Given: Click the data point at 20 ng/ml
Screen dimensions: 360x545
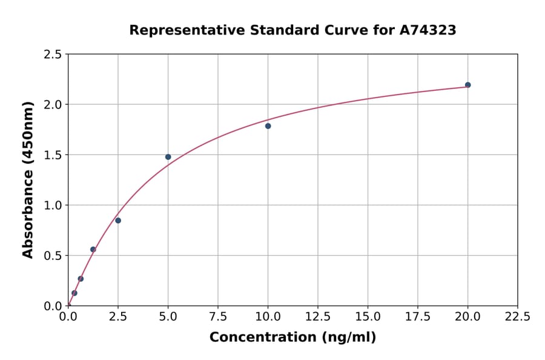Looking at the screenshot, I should coord(467,85).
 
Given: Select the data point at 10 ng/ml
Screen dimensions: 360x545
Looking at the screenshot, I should coord(268,126).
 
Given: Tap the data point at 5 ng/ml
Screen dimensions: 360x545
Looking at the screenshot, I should coord(168,157).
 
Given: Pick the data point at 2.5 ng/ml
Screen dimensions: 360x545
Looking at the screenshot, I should coord(118,221).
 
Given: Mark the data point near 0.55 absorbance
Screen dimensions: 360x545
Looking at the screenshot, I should coord(93,249).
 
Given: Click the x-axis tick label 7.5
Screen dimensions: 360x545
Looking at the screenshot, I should coord(218,317).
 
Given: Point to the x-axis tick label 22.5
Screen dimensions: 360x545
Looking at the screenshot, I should coord(517,317).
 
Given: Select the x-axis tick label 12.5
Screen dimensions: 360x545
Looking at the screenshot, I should coord(317,317).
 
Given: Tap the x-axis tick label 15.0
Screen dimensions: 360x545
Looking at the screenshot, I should coord(368,317).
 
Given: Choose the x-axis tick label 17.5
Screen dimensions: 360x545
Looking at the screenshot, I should coord(417,317).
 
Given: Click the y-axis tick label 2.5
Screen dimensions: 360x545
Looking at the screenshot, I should coord(53,55).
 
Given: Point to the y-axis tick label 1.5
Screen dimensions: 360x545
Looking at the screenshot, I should coord(53,155).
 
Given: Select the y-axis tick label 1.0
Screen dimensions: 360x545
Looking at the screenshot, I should coord(53,205).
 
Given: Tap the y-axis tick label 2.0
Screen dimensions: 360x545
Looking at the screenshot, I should coord(53,105).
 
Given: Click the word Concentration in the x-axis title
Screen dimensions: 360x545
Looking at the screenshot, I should coord(260,338).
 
